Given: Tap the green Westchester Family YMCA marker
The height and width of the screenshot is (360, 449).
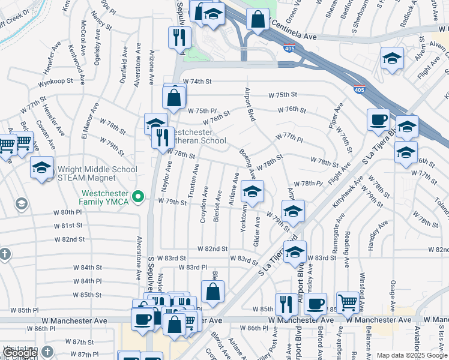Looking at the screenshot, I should [139, 196].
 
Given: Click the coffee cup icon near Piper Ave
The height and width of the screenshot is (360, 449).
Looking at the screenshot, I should [378, 119].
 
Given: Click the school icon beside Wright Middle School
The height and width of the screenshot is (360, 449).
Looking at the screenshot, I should [41, 168].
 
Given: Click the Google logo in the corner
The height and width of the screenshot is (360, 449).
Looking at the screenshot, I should [19, 353].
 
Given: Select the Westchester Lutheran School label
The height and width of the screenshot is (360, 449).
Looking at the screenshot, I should [196, 136].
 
